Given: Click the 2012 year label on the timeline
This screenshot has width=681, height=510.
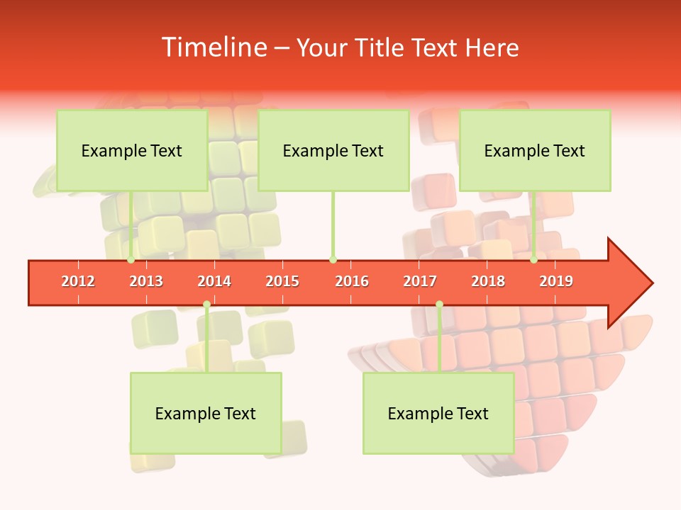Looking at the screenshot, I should point(78,281).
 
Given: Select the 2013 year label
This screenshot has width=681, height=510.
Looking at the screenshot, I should point(146,281).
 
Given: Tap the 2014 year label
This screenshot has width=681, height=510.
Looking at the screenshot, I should point(214,281).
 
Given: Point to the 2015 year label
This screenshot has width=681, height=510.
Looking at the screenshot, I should point(282,281).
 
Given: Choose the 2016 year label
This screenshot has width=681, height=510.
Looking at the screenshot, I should point(352,281).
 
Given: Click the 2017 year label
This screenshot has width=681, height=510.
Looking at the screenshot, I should point(420,281).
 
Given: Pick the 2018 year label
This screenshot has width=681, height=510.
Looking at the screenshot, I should point(488,281).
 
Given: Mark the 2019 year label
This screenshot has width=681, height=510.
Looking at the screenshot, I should point(556,281).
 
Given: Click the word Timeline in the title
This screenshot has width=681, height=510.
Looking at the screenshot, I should point(213,47).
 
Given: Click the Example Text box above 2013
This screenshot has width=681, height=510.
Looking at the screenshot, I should point(132,150).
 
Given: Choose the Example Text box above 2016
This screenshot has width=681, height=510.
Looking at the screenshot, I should point(333,150).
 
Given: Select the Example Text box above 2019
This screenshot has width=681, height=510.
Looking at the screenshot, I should point(535,150).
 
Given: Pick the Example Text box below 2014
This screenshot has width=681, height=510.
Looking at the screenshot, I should point(206,413).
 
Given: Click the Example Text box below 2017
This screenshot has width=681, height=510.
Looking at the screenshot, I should point(438,413).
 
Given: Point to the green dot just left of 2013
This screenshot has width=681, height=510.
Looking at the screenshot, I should point(131,260).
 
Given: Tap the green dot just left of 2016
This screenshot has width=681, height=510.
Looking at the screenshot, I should point(333,260).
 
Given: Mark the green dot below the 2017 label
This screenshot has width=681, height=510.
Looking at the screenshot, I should point(439,305).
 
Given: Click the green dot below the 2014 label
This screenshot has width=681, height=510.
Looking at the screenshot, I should point(206,305).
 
